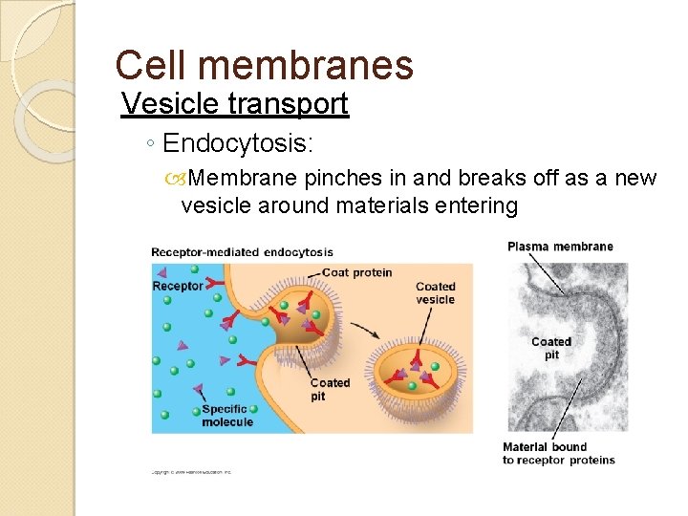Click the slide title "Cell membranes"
click(x=264, y=65)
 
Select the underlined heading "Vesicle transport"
click(x=235, y=103)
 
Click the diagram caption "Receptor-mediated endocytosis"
click(x=242, y=252)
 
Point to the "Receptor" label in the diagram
click(x=178, y=286)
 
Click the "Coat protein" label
click(x=356, y=272)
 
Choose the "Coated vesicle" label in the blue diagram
click(x=436, y=292)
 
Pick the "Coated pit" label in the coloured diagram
click(x=330, y=389)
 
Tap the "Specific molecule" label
click(x=227, y=416)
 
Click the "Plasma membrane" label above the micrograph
click(x=560, y=247)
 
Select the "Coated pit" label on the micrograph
click(x=551, y=348)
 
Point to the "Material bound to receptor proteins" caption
click(x=559, y=453)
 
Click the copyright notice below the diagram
click(x=191, y=472)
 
